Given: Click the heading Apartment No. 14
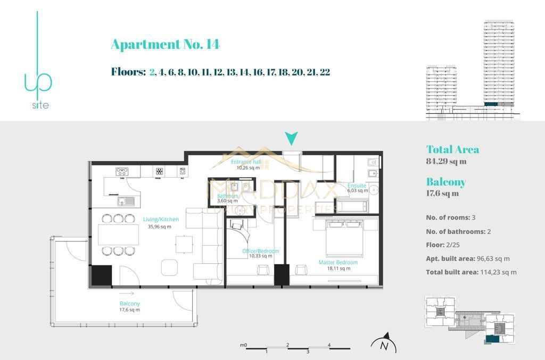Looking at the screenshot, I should pyautogui.click(x=165, y=44).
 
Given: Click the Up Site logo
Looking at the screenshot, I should pyautogui.click(x=38, y=64).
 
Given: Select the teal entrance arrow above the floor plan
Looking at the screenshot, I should pyautogui.click(x=291, y=139).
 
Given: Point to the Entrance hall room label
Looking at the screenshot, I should pyautogui.click(x=246, y=162).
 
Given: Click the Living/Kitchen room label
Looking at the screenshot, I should pyautogui.click(x=161, y=219).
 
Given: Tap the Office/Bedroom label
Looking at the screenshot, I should pyautogui.click(x=260, y=251).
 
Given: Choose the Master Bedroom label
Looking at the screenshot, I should pyautogui.click(x=338, y=262).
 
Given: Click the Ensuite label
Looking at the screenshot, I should pyautogui.click(x=357, y=186).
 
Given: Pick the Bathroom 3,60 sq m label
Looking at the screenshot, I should pyautogui.click(x=228, y=196).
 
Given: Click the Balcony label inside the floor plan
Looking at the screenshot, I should pyautogui.click(x=129, y=304).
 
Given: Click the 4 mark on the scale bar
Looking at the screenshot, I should pyautogui.click(x=329, y=345).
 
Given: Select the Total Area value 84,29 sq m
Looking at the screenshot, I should pyautogui.click(x=446, y=161).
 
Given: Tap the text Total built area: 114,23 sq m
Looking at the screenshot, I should pyautogui.click(x=471, y=272).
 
